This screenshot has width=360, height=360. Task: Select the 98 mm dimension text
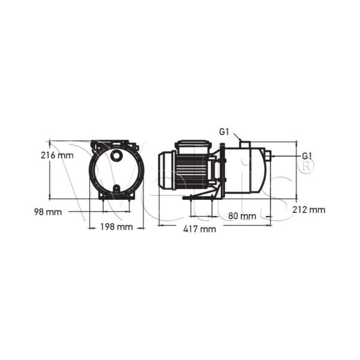tap(47, 211)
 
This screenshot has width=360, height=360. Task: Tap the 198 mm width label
tap(116, 227)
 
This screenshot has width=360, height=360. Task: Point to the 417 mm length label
tap(200, 229)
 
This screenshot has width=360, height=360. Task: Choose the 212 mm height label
tap(310, 209)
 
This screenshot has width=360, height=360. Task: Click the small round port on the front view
tap(115, 157)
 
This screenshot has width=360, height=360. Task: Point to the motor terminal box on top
tap(191, 146)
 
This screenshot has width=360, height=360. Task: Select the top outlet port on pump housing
tap(245, 143)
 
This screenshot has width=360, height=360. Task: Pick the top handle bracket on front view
tap(115, 144)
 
